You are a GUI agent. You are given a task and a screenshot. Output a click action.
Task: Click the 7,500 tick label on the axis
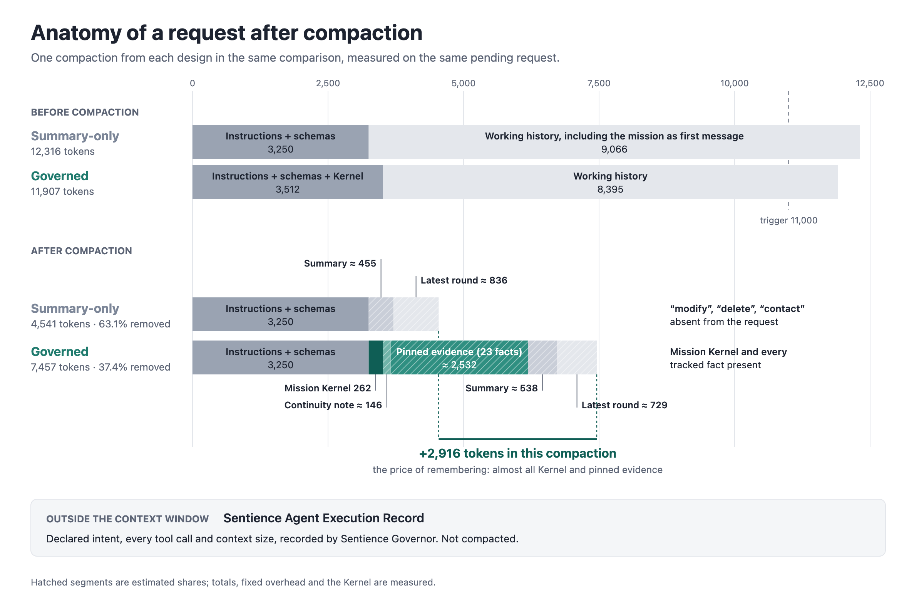pyautogui.click(x=599, y=83)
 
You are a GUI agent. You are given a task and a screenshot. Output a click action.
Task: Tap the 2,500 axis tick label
pyautogui.click(x=328, y=83)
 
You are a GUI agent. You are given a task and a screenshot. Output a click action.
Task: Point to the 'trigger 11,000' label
pyautogui.click(x=788, y=220)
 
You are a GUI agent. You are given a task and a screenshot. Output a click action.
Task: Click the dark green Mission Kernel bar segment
pyautogui.click(x=375, y=357)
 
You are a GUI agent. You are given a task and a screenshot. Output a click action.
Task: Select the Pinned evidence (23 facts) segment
pyautogui.click(x=459, y=357)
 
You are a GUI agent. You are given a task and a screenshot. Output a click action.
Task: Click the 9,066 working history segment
pyautogui.click(x=614, y=142)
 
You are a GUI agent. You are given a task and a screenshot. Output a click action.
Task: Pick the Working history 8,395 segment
pyautogui.click(x=610, y=182)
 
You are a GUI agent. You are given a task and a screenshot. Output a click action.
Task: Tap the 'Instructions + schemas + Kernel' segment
pyautogui.click(x=288, y=182)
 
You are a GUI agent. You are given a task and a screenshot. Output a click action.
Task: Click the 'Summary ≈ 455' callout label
pyautogui.click(x=340, y=263)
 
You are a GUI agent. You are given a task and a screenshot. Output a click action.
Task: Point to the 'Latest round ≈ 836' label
pyautogui.click(x=464, y=280)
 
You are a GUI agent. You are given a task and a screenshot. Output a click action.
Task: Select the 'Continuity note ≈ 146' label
pyautogui.click(x=333, y=405)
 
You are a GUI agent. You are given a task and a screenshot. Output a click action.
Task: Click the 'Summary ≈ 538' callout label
pyautogui.click(x=502, y=388)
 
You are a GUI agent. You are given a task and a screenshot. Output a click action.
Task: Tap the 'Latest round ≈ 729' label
pyautogui.click(x=624, y=405)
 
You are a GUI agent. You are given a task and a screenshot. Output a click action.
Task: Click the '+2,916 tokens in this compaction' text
pyautogui.click(x=517, y=453)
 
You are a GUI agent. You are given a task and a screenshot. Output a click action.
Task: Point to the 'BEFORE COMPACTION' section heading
pyautogui.click(x=85, y=112)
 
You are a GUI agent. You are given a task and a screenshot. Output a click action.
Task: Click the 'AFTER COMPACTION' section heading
pyautogui.click(x=82, y=251)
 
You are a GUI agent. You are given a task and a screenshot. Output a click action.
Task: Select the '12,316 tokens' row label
pyautogui.click(x=62, y=151)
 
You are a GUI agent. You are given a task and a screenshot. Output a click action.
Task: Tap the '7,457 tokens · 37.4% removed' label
pyautogui.click(x=100, y=367)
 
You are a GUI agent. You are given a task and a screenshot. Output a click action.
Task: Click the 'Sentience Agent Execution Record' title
pyautogui.click(x=324, y=518)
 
